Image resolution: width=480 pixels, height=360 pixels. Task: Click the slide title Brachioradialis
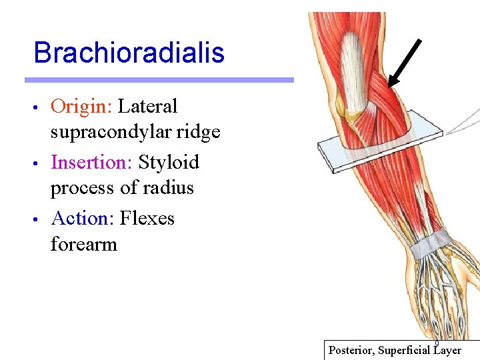(x=129, y=53)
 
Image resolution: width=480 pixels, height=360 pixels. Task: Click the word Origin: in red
(x=82, y=106)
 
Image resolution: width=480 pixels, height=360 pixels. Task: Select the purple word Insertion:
(x=91, y=162)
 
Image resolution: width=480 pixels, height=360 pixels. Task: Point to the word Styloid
(x=169, y=162)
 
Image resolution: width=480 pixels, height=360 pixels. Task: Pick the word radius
(x=169, y=188)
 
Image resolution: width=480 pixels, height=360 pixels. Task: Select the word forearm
(x=83, y=244)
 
